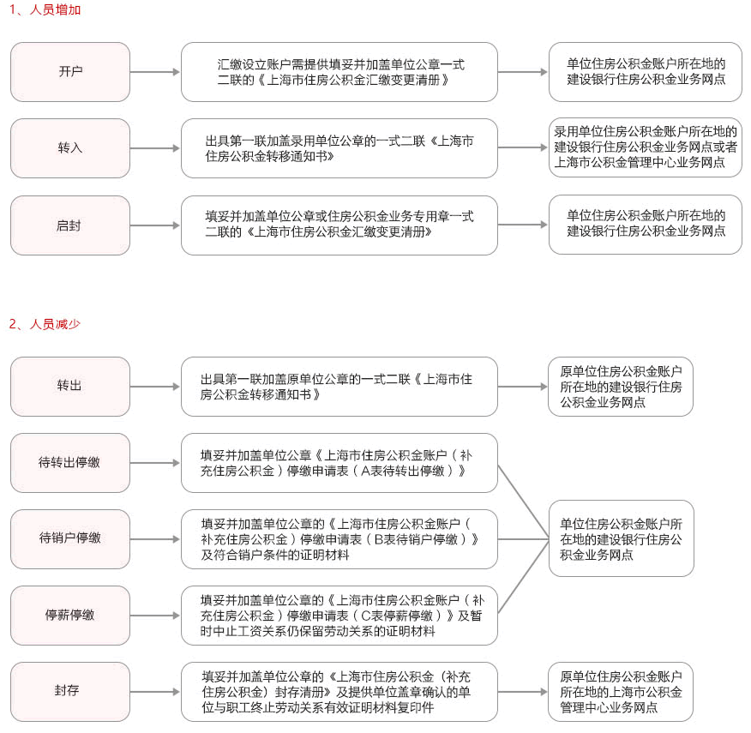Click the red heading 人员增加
55,9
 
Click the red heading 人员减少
55,324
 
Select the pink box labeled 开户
70,72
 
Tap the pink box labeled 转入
70,148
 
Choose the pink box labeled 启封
70,225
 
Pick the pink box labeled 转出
70,386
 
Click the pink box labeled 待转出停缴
70,463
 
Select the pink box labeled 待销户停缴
70,539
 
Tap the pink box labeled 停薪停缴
70,616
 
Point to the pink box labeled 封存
70,692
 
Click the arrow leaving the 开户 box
155,72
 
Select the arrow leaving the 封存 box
155,692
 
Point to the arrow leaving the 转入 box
155,148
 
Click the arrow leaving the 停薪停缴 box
155,616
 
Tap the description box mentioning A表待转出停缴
339,463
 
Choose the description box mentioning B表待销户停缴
339,539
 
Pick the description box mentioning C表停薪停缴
339,616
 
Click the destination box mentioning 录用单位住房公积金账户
646,147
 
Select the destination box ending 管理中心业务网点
621,692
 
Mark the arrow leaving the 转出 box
155,386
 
